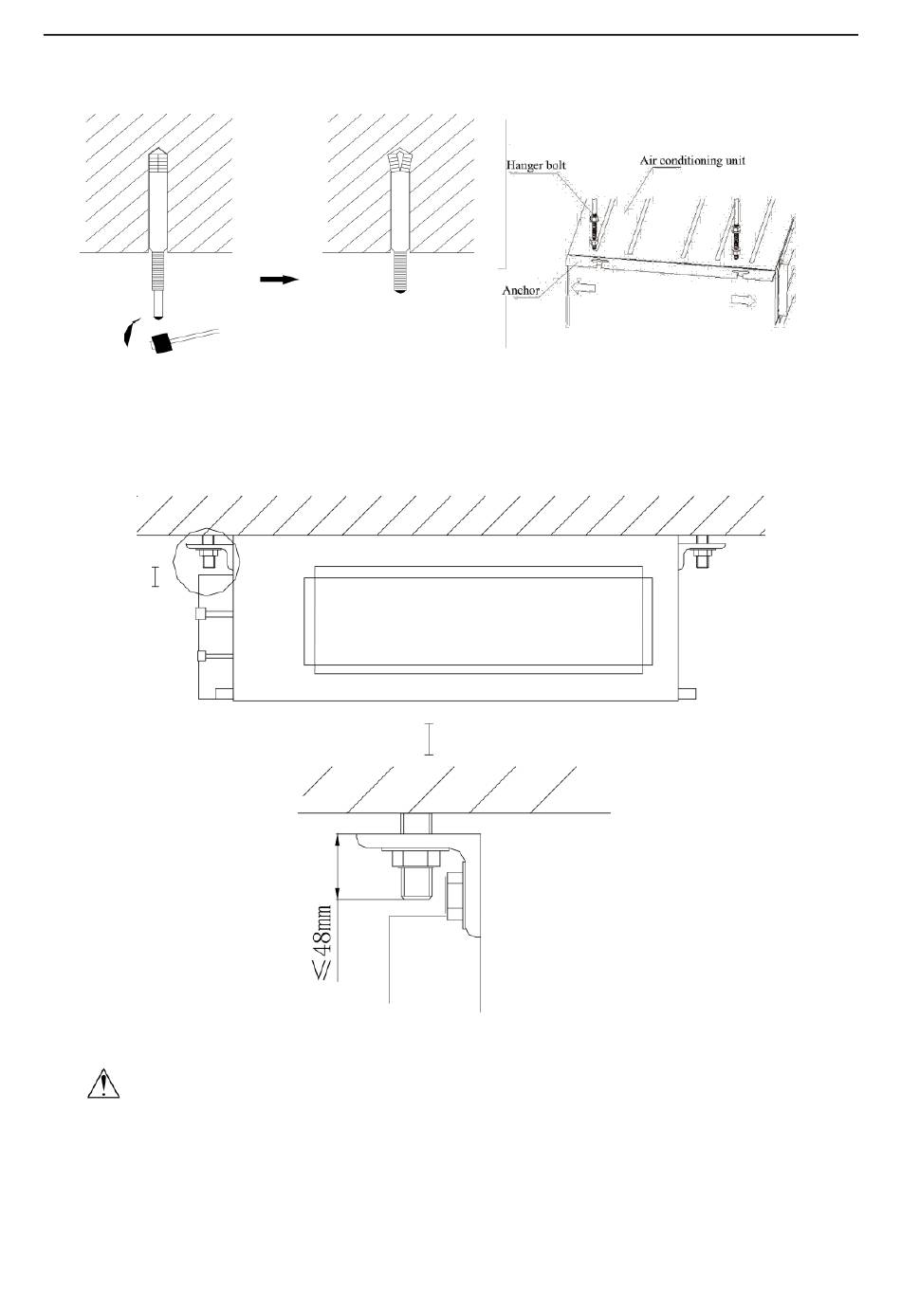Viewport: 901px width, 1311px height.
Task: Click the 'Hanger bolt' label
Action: (x=536, y=164)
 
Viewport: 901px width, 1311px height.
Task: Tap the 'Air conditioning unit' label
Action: (x=692, y=160)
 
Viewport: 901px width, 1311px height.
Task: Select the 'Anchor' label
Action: (x=521, y=290)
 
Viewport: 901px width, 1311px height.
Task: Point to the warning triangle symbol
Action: (x=103, y=1083)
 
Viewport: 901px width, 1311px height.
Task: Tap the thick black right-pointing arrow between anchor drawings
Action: (x=279, y=280)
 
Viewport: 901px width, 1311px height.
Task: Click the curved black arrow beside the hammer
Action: (x=128, y=332)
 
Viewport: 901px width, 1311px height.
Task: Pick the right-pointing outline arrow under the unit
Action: (x=743, y=299)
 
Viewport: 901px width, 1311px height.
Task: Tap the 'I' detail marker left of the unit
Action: (x=156, y=577)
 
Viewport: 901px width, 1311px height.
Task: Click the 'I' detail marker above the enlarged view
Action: (x=430, y=739)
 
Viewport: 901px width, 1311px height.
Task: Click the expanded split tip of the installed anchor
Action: (x=401, y=161)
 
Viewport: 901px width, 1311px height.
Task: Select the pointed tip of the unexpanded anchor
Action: (x=156, y=156)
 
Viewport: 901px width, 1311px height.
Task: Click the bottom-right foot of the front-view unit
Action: (x=689, y=694)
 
